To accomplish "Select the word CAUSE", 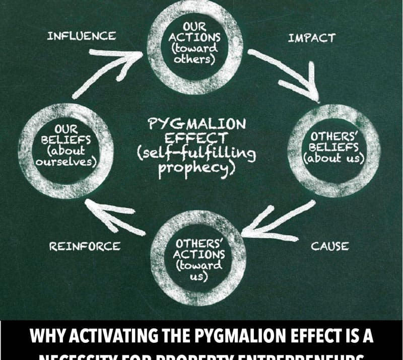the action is point(329,246).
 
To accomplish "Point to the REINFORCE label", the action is point(85,246).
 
